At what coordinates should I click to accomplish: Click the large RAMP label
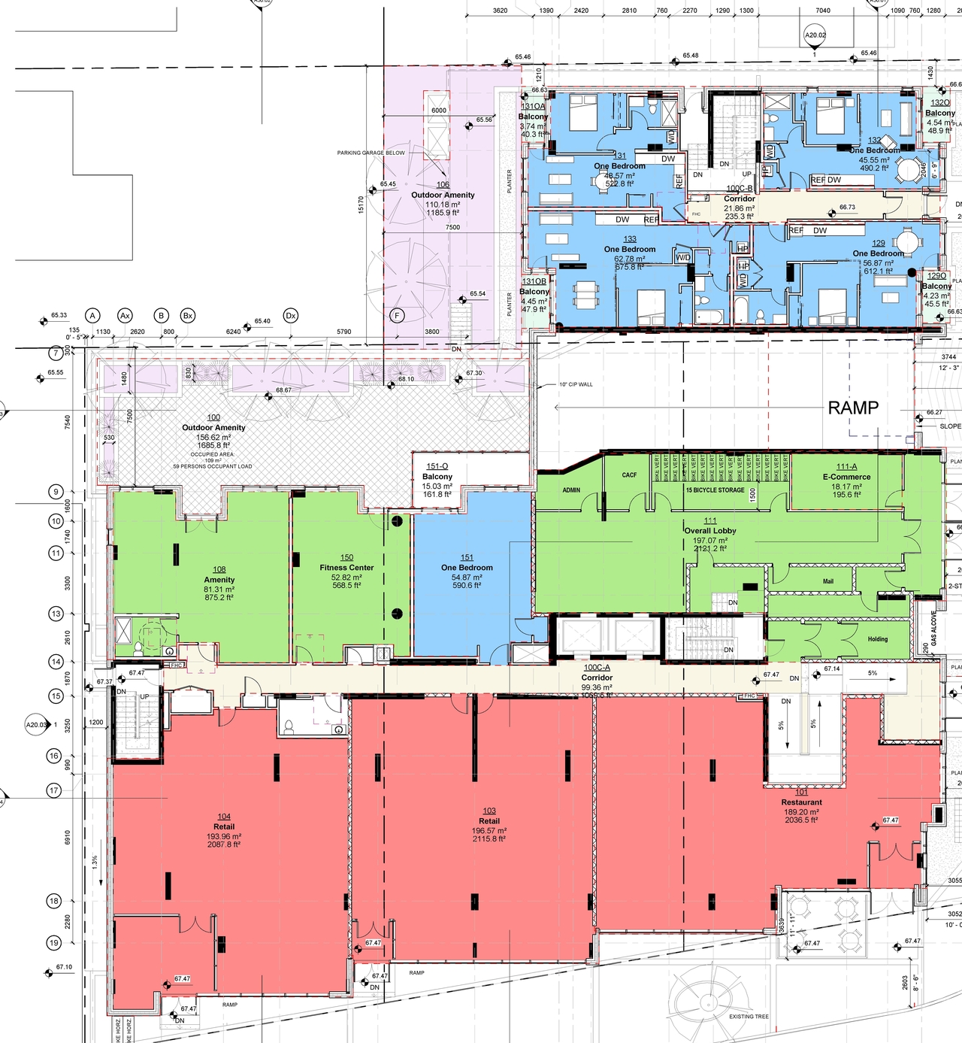853,408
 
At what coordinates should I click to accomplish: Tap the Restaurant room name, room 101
801,802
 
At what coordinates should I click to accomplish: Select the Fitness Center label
346,568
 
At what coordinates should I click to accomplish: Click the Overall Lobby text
710,530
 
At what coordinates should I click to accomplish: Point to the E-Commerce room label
846,477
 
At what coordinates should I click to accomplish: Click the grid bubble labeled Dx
291,316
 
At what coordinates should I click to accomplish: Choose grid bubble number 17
54,790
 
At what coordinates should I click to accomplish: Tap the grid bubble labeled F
396,316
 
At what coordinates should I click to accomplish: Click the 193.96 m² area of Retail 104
224,836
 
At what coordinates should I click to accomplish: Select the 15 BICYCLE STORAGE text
715,490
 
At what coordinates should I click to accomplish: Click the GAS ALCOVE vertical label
934,628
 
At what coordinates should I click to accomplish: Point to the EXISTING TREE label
749,1017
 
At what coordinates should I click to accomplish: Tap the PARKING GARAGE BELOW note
371,153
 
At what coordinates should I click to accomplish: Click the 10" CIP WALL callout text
576,384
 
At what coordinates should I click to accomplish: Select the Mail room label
827,581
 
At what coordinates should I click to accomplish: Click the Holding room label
878,639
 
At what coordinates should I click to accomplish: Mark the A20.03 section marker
36,725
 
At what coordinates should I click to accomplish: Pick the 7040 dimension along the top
823,11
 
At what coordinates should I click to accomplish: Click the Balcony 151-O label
437,477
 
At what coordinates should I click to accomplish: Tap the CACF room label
629,475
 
